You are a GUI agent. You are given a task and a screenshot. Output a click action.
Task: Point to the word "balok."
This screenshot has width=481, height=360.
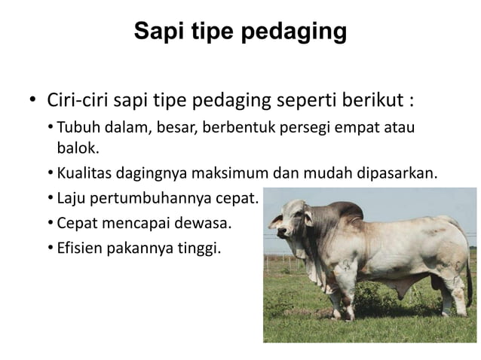(78, 147)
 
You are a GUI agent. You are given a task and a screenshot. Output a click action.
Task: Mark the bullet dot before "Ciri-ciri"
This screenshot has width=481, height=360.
(32, 101)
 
